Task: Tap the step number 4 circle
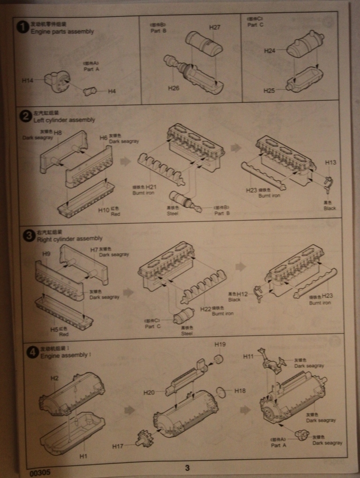coord(32,352)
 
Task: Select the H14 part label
coord(28,81)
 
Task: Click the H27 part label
coord(215,28)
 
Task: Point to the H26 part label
coord(174,88)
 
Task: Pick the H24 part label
coord(270,50)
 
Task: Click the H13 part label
coord(330,162)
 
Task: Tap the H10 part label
coord(104,211)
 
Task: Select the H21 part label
coord(151,187)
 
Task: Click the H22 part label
coord(206,309)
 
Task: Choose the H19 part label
coord(220,345)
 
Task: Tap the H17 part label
coord(118,446)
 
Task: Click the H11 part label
coord(248,357)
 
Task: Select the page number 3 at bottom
coord(187,467)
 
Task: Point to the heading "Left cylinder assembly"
coord(64,120)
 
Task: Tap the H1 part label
coord(83,455)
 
